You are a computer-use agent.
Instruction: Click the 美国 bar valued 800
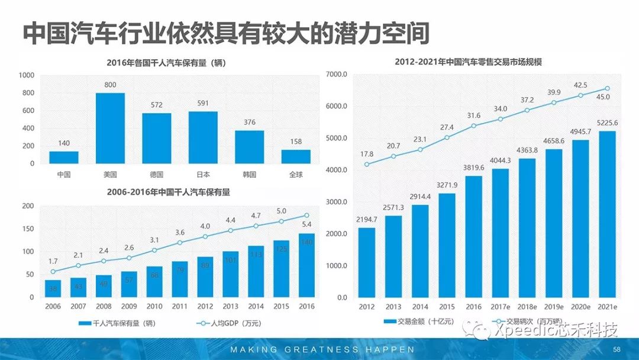(x=110, y=128)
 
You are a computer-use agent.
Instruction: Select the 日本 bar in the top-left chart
(x=203, y=137)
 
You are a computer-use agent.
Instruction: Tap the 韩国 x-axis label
(x=249, y=175)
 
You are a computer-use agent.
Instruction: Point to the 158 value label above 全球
(x=295, y=142)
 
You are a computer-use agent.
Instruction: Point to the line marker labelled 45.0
(x=607, y=89)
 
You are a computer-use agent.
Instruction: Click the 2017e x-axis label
(x=501, y=307)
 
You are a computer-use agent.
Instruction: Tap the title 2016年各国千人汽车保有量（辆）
(x=167, y=63)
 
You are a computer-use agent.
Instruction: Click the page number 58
(x=617, y=349)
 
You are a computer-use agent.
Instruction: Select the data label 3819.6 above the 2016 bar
(x=473, y=168)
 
